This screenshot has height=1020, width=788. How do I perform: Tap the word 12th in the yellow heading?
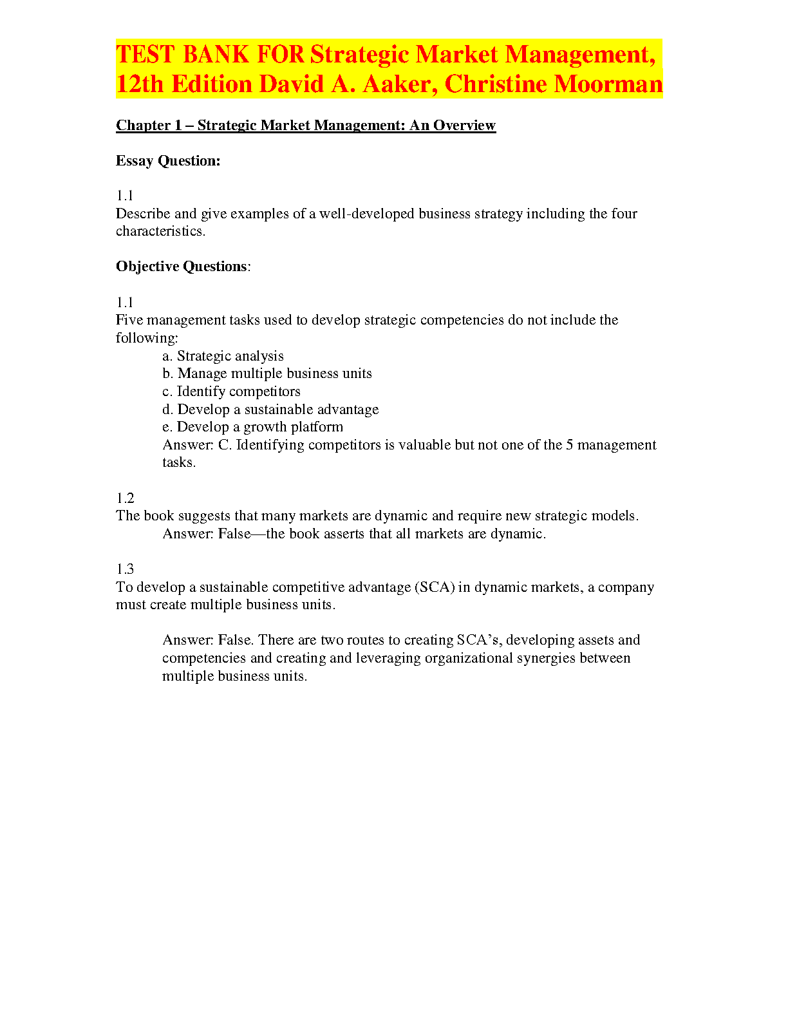[x=140, y=84]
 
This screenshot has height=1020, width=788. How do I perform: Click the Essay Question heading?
[x=168, y=161]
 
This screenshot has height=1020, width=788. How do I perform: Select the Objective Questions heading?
[x=182, y=267]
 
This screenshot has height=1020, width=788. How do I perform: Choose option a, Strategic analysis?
[x=223, y=356]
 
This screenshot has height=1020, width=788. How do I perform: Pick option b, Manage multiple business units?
[x=267, y=373]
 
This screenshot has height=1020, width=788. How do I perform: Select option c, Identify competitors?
[x=231, y=392]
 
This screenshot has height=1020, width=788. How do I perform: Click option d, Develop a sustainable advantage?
[x=270, y=410]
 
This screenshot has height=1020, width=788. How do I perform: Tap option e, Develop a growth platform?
[x=253, y=427]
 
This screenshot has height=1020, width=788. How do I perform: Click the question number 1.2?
[x=125, y=498]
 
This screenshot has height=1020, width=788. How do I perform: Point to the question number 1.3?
[x=125, y=569]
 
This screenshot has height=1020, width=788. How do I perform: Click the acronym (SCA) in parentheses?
[x=435, y=587]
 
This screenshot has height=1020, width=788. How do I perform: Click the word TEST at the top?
[x=145, y=55]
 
